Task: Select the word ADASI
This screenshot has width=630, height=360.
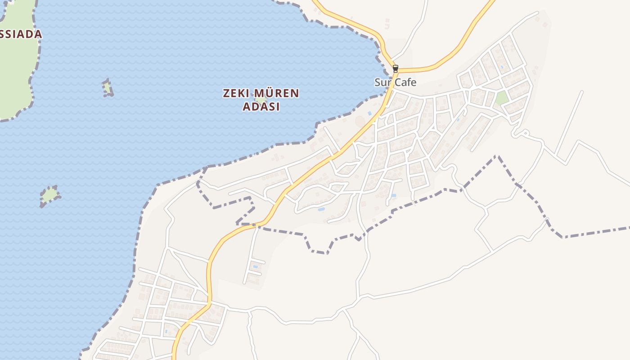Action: point(261,107)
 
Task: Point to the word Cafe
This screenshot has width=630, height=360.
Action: point(405,82)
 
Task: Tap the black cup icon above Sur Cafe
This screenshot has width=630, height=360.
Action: point(396,68)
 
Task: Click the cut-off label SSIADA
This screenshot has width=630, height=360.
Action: point(21,34)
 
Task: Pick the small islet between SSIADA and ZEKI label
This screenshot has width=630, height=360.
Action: point(107,88)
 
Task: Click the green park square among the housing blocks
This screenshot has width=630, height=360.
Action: point(502,98)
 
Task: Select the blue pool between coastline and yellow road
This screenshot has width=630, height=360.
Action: point(370,113)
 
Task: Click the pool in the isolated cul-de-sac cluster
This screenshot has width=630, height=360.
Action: point(256,267)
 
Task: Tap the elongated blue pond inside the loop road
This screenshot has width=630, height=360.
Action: point(321,209)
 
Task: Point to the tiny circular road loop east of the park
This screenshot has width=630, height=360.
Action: point(524,133)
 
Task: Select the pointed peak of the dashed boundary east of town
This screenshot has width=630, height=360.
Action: point(497,156)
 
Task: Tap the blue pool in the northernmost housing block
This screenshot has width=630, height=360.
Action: point(502,67)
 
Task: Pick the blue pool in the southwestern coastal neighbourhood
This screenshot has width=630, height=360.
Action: point(166,332)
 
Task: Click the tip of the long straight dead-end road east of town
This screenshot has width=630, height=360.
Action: point(582,92)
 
